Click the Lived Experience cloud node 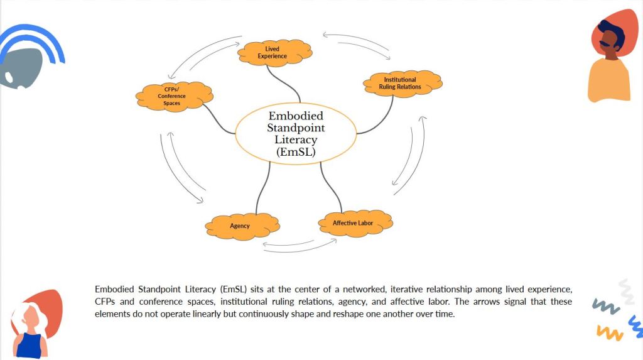275,53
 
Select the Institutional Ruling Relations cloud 400,84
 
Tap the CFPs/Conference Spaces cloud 172,96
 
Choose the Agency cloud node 240,226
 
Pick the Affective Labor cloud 353,223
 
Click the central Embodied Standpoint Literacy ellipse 296,134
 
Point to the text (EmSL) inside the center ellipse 296,151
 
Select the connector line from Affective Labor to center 330,187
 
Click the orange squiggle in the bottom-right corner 608,332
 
